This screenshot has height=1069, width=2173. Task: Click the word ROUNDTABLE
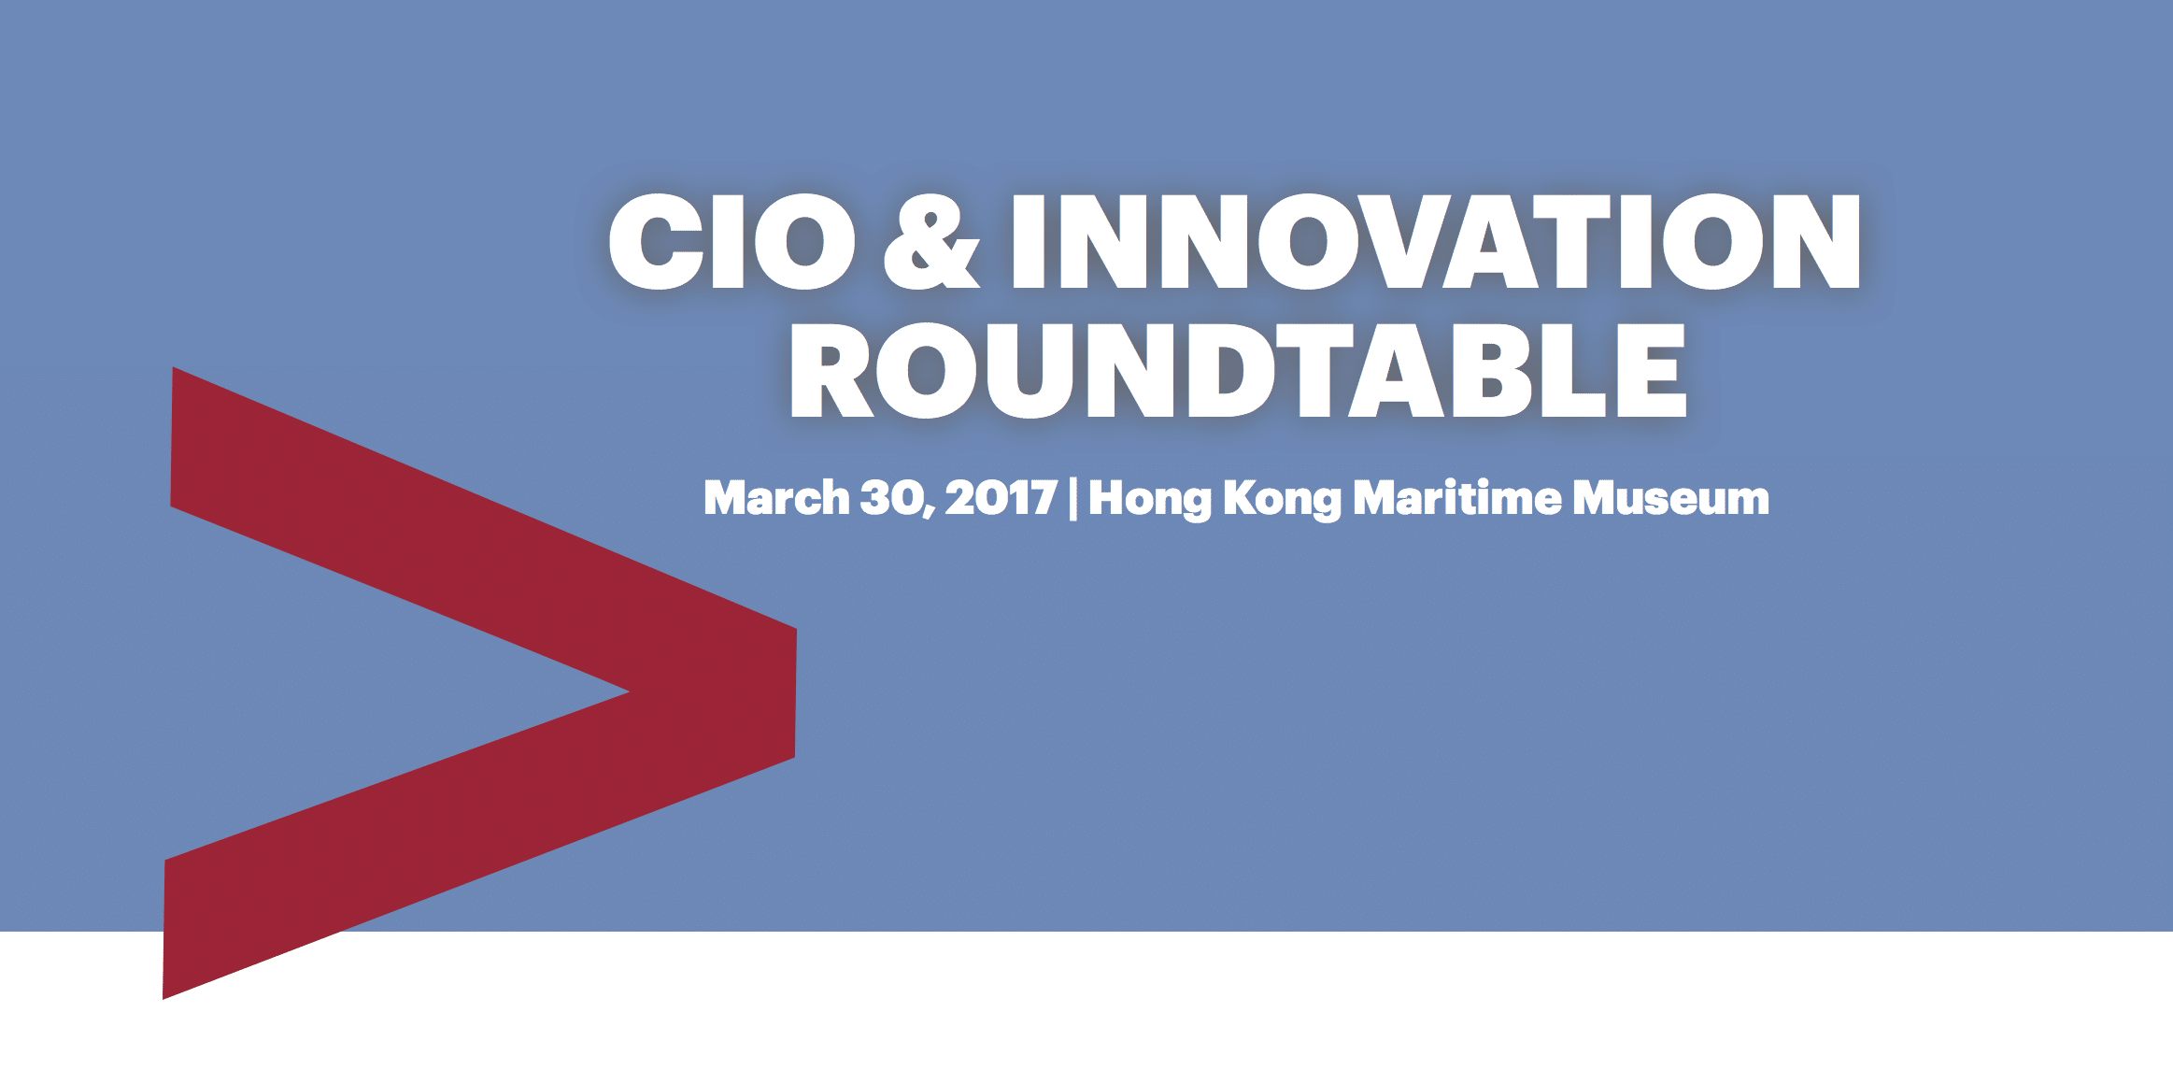[x=1238, y=371]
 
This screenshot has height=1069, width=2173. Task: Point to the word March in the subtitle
[x=776, y=497]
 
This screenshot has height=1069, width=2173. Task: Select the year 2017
[x=1001, y=497]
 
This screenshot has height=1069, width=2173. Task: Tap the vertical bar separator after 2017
[x=1072, y=497]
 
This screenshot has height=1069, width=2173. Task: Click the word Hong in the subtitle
[x=1149, y=499]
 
